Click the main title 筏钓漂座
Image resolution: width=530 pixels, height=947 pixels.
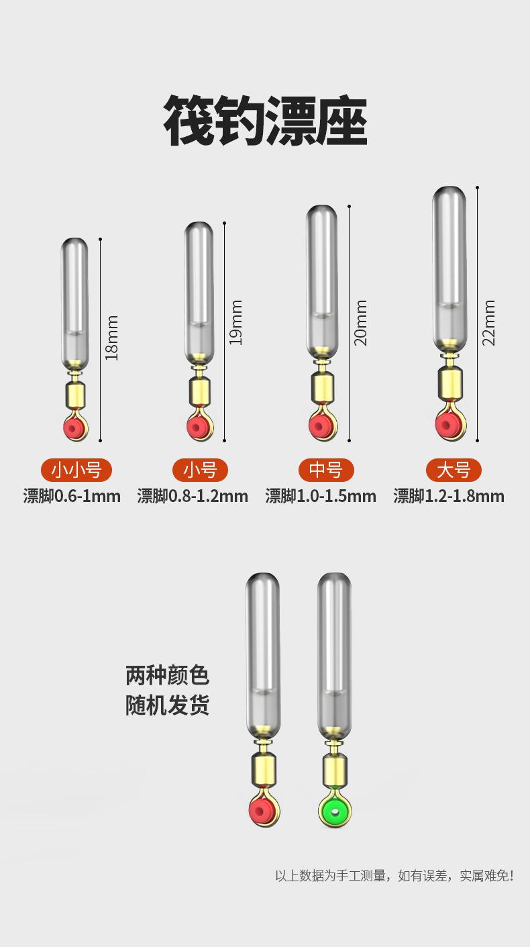click(x=265, y=121)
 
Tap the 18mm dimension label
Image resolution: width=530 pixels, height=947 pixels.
click(x=111, y=338)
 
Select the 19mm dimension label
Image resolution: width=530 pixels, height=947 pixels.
click(x=235, y=323)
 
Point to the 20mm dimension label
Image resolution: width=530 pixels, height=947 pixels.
click(x=360, y=323)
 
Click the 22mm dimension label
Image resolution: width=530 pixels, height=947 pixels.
click(x=488, y=323)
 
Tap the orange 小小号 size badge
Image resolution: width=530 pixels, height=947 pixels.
click(x=76, y=470)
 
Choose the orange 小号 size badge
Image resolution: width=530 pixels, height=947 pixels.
click(x=200, y=470)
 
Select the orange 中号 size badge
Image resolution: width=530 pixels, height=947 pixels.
click(x=326, y=470)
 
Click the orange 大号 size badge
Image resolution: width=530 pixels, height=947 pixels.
click(x=454, y=470)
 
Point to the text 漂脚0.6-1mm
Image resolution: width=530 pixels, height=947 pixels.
click(x=72, y=496)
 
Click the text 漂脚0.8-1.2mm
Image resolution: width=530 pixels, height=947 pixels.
click(x=193, y=496)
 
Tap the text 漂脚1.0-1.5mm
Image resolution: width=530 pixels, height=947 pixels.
click(x=321, y=496)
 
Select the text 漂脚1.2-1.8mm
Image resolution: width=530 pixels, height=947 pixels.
click(x=449, y=496)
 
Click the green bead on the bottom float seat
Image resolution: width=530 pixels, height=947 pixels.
click(x=335, y=812)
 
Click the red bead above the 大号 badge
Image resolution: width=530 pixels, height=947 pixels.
click(x=448, y=424)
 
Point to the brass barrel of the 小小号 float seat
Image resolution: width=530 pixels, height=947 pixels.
click(x=75, y=393)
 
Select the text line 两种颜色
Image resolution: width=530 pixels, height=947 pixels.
click(x=167, y=675)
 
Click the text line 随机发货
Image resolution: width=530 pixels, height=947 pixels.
click(x=167, y=705)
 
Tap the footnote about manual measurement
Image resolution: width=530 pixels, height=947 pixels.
click(x=394, y=876)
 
